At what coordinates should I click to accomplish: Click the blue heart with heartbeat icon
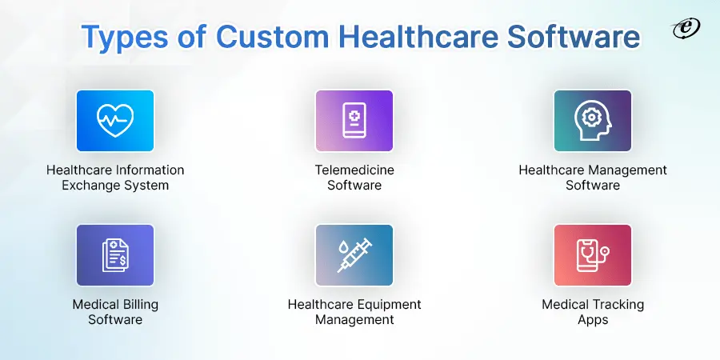tap(115, 120)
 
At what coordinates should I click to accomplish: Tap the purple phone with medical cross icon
tap(354, 120)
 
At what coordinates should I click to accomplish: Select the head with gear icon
tap(593, 120)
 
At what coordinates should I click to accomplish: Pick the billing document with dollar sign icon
tap(115, 255)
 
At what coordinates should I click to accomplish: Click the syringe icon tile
tap(354, 255)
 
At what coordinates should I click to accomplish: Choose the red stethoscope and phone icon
tap(593, 255)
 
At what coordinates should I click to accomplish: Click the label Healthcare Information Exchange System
tap(115, 178)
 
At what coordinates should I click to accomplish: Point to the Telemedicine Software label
tap(354, 178)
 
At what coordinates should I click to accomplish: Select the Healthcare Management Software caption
tap(593, 178)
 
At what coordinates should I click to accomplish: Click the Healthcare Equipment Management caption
tap(354, 312)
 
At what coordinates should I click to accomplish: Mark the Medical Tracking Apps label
tap(593, 312)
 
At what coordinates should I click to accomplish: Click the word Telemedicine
tap(354, 170)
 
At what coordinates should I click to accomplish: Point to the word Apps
tap(593, 320)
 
